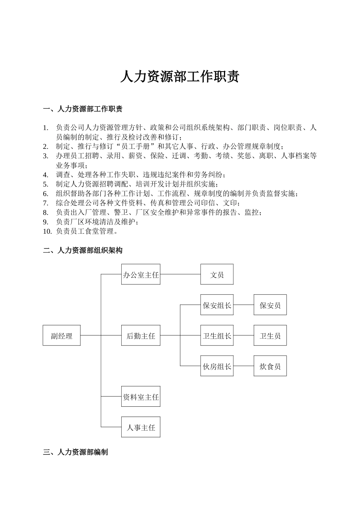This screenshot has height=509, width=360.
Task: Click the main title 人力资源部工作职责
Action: click(180, 77)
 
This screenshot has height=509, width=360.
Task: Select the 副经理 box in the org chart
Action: click(61, 336)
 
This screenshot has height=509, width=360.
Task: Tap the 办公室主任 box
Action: click(141, 275)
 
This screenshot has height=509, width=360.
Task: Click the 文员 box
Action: click(217, 275)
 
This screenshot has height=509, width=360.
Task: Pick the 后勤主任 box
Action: click(141, 336)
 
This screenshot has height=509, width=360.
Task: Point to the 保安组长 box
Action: click(217, 305)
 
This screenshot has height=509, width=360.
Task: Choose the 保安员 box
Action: click(270, 305)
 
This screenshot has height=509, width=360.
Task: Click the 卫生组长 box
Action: click(217, 336)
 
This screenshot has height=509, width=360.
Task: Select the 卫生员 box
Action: click(270, 336)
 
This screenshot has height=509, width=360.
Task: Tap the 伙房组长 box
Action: click(217, 366)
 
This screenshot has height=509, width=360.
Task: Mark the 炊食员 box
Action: click(270, 366)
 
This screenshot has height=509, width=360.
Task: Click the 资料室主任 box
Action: click(141, 397)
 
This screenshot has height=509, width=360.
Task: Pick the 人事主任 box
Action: click(141, 427)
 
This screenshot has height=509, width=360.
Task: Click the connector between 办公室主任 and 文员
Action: click(180, 274)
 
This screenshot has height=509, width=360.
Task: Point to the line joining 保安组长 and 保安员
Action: click(243, 304)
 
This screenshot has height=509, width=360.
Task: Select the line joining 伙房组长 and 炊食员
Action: click(243, 366)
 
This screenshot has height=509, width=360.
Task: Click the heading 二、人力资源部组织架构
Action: click(83, 250)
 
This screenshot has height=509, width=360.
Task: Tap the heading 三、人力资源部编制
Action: click(75, 452)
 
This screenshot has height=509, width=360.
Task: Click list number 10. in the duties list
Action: click(47, 231)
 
